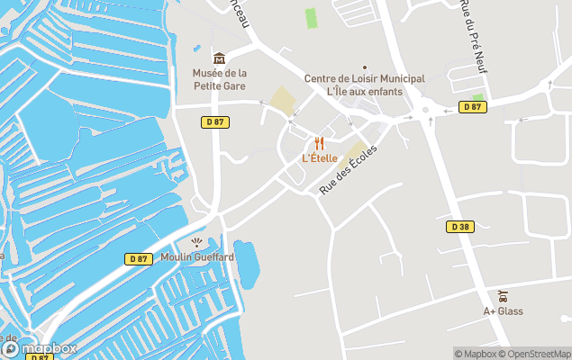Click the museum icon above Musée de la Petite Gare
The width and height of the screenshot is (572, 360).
pyautogui.click(x=219, y=58)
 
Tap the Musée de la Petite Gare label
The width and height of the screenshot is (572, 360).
pyautogui.click(x=219, y=79)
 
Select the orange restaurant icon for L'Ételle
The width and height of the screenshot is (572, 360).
pyautogui.click(x=319, y=143)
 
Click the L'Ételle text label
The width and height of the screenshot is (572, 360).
pyautogui.click(x=319, y=158)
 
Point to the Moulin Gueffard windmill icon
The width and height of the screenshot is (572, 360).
pyautogui.click(x=197, y=241)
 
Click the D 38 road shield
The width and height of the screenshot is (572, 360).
pyautogui.click(x=459, y=227)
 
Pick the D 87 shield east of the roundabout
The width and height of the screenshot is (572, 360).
pyautogui.click(x=472, y=107)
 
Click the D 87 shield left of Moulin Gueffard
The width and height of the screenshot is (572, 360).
pyautogui.click(x=136, y=259)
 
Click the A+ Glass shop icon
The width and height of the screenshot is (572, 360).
pyautogui.click(x=502, y=296)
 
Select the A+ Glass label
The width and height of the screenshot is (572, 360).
pyautogui.click(x=503, y=311)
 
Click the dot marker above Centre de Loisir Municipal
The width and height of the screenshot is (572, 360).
pyautogui.click(x=364, y=67)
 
